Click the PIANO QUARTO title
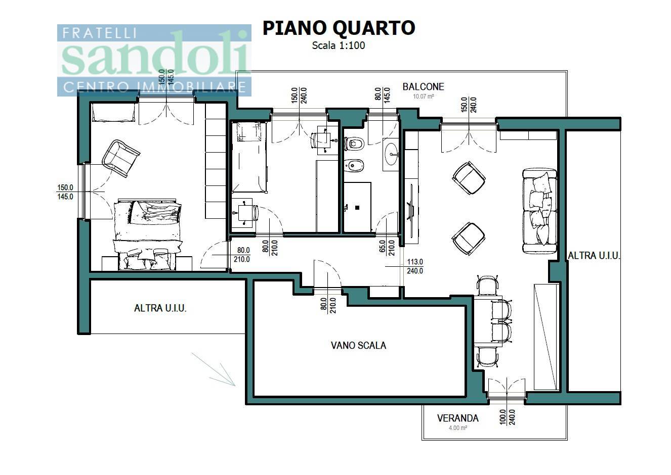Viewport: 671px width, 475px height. [x=339, y=28]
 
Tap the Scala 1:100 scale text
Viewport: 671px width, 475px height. [x=339, y=45]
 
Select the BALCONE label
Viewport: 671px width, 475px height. [x=423, y=87]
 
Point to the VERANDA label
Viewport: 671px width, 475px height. [x=458, y=418]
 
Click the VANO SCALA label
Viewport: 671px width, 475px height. [x=359, y=346]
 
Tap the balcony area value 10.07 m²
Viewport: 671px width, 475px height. [x=424, y=97]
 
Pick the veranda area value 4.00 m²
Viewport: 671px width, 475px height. [x=458, y=428]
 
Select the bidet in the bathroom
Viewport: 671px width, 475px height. [x=354, y=165]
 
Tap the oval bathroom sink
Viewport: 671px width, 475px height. [x=391, y=154]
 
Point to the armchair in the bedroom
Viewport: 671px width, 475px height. [x=121, y=159]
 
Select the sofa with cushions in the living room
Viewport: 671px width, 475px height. [x=540, y=211]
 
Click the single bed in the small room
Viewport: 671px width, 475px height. [x=249, y=157]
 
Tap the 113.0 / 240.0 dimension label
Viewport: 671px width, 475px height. [x=415, y=266]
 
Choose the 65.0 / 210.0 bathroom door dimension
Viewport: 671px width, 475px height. [x=387, y=248]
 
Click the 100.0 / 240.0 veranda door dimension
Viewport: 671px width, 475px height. [x=508, y=417]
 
